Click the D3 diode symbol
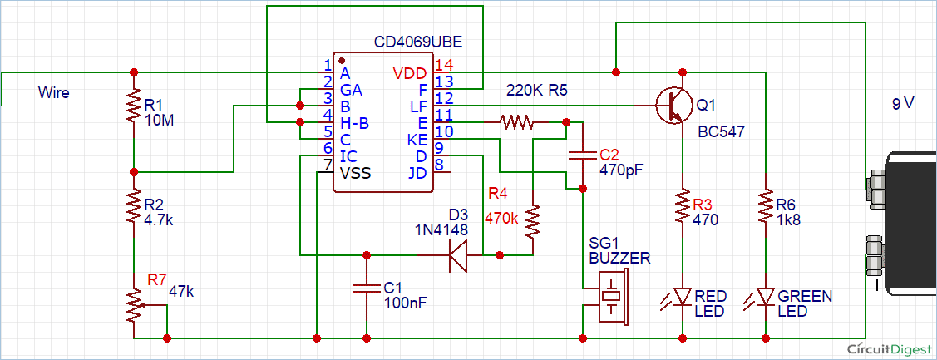tap(458, 254)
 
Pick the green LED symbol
tap(762, 297)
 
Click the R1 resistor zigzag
tap(134, 107)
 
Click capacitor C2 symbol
tap(582, 156)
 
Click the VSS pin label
tap(355, 174)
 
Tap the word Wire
tap(54, 92)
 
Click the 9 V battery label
tap(903, 103)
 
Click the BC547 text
tap(722, 132)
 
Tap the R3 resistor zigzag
tap(682, 206)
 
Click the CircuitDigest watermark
tap(889, 348)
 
